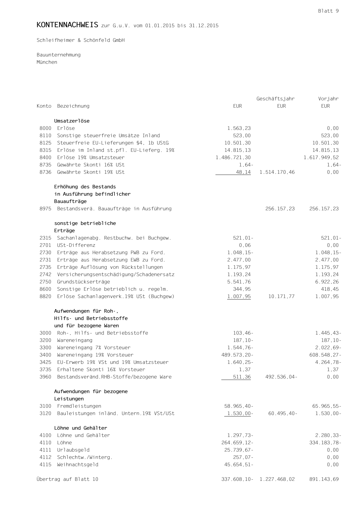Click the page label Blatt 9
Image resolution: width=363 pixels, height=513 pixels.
[328, 11]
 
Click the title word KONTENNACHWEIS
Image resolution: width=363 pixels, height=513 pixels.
[67, 25]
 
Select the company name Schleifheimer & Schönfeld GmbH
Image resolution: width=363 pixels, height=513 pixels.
[81, 40]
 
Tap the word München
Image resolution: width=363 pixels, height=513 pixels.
[47, 62]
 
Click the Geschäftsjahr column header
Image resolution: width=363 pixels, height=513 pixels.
[275, 99]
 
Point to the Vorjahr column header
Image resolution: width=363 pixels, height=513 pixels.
[328, 99]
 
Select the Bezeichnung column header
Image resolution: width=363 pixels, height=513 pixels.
[73, 106]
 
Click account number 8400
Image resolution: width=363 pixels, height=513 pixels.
[45, 158]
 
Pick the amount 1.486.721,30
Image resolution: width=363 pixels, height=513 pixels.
[233, 158]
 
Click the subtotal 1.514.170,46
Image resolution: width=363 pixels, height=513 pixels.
[277, 172]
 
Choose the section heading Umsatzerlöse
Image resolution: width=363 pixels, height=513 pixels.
[72, 121]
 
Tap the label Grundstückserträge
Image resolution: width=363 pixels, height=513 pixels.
[83, 282]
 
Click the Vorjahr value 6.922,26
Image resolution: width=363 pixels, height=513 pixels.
[327, 282]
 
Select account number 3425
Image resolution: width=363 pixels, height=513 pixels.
[45, 362]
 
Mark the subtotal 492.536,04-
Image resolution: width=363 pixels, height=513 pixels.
[281, 377]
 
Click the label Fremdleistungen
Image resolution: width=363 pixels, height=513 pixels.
[79, 406]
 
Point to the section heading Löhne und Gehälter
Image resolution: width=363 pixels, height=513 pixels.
[81, 428]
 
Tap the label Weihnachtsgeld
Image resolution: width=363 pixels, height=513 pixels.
[78, 465]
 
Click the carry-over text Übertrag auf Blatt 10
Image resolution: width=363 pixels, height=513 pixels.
[67, 479]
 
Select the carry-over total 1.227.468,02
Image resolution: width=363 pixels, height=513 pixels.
[277, 479]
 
